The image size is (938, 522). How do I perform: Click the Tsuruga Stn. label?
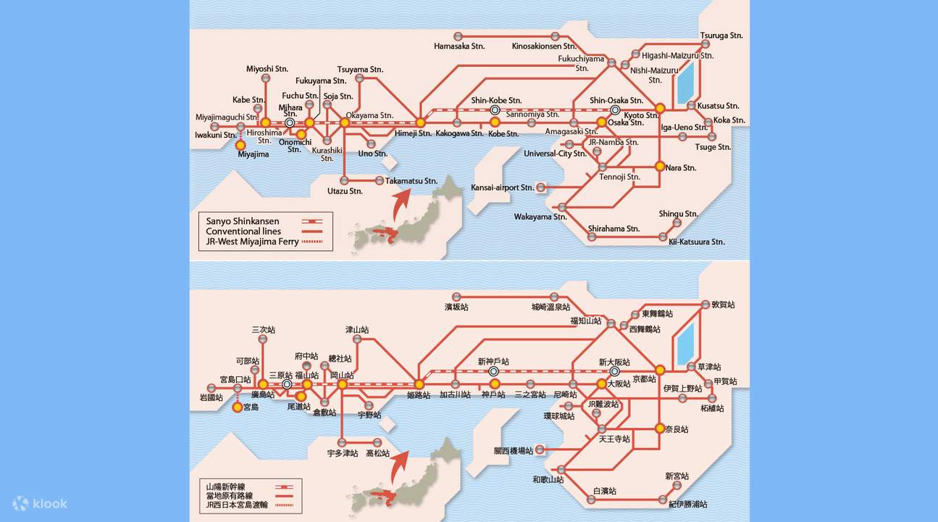click(721, 36)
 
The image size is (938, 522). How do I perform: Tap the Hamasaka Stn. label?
click(459, 46)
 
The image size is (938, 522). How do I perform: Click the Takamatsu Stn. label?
click(411, 181)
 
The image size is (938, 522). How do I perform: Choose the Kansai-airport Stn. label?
click(502, 188)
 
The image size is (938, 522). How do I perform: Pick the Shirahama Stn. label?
click(614, 228)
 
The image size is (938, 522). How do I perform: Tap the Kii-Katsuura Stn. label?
click(697, 241)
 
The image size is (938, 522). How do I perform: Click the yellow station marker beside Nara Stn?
click(660, 166)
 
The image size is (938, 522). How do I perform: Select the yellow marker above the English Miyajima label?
click(240, 145)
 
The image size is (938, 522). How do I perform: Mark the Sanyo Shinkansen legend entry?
click(243, 221)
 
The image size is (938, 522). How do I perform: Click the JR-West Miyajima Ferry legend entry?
click(252, 241)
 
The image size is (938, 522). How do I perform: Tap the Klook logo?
click(40, 503)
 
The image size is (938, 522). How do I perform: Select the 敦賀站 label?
click(723, 305)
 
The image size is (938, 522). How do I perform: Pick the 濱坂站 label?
click(456, 307)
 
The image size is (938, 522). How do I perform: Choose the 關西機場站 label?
click(514, 450)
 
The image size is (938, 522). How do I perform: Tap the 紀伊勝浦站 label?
click(689, 504)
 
